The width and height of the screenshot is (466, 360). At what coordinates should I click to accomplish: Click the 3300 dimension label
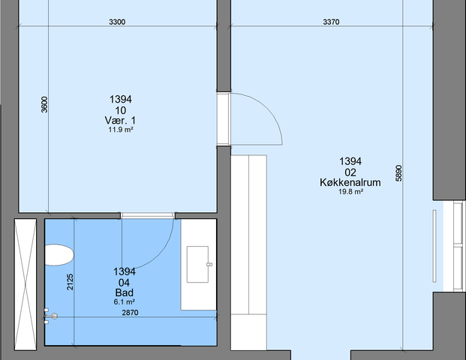click(117, 22)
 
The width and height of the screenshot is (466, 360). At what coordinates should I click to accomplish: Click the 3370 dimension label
click(331, 22)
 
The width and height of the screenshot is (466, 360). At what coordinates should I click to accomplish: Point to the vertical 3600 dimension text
click(44, 104)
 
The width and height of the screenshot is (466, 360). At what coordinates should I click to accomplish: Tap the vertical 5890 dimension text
click(398, 173)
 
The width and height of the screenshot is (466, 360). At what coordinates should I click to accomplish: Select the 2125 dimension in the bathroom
click(70, 282)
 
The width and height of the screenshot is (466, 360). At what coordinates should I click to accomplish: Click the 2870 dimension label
click(130, 313)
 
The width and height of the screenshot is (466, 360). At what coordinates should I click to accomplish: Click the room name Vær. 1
click(120, 120)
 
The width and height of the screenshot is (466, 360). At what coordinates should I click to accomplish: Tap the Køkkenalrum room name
click(350, 182)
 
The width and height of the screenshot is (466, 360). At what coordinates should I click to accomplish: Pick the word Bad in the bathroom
click(125, 292)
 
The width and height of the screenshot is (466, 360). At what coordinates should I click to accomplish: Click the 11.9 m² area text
click(120, 130)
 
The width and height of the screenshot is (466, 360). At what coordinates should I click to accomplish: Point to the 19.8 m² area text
click(350, 191)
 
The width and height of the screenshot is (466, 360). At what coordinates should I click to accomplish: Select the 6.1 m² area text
click(125, 302)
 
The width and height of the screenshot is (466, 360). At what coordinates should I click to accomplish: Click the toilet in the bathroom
click(59, 255)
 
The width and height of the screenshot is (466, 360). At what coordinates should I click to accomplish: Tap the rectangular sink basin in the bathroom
click(197, 264)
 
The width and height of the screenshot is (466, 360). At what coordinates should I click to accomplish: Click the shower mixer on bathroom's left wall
click(50, 316)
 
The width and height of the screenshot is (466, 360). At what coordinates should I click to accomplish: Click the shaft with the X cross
click(26, 284)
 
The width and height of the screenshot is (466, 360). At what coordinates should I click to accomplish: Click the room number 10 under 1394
click(120, 110)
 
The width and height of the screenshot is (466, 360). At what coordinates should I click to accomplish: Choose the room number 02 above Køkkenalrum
click(350, 172)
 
